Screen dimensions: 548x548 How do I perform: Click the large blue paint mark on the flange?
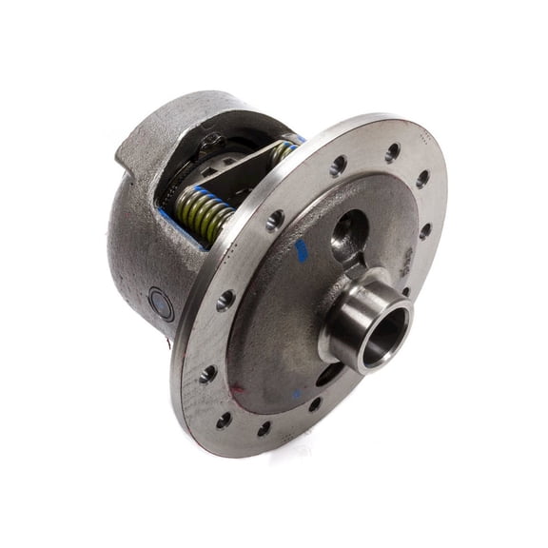(x=302, y=251)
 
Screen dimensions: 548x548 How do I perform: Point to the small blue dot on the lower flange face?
(x=297, y=393)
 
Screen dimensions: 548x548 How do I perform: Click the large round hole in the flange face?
(x=349, y=232)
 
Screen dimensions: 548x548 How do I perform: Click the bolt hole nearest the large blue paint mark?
(x=275, y=221)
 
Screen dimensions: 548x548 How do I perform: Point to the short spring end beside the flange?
(x=283, y=149)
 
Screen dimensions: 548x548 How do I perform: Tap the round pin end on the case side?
(x=162, y=305)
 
